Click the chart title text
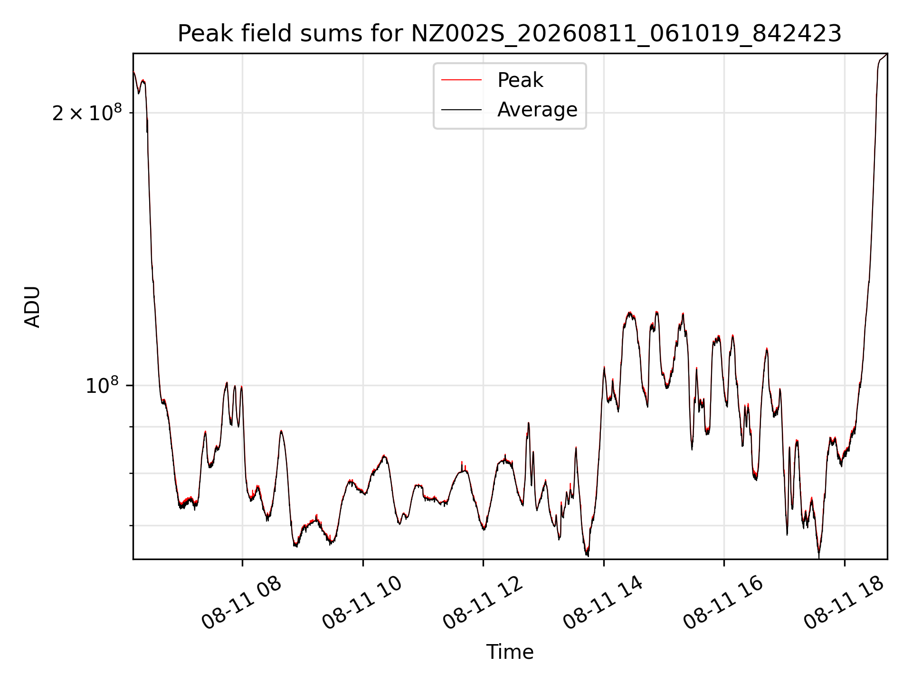pos(510,34)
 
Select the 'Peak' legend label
pos(520,80)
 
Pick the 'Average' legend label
pos(537,110)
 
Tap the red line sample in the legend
pos(461,80)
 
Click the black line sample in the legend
pos(461,110)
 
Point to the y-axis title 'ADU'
pos(32,307)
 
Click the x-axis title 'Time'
pos(510,652)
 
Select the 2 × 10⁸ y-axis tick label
pos(87,113)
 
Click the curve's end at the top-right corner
pos(887,54)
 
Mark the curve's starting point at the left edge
pos(133,72)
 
